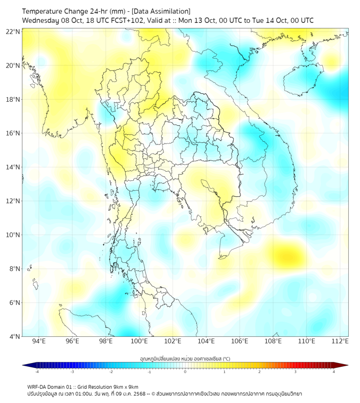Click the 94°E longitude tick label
coord(39,341)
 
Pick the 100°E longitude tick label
coord(139,341)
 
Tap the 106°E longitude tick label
coord(240,341)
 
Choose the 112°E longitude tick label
coord(340,341)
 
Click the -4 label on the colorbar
coord(37,372)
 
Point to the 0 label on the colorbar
coord(185,372)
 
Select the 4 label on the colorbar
coord(334,372)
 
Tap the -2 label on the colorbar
coord(111,372)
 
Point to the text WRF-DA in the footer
coord(37,386)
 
